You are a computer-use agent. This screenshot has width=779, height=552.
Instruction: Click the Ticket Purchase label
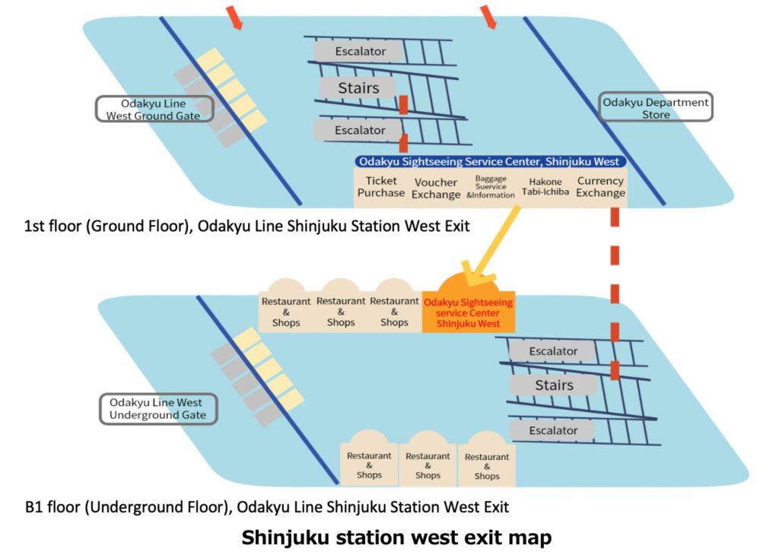381,187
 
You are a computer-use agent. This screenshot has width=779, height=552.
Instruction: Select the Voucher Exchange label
436,188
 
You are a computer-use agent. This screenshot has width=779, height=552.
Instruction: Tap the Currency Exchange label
600,187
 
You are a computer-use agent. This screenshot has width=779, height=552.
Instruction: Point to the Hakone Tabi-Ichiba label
542,187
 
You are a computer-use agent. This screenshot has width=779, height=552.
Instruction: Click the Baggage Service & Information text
491,187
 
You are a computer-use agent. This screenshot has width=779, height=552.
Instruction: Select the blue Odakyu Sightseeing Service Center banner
491,161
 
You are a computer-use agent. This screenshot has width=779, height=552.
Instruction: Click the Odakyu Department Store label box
656,108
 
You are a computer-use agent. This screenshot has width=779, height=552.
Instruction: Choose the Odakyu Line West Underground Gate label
157,408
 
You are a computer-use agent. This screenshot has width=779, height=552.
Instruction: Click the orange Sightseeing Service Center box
468,312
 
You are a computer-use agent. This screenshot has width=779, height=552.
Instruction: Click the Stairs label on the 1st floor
358,88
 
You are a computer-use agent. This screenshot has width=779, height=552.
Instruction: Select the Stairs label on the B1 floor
554,385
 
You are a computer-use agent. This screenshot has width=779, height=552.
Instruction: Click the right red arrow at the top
487,16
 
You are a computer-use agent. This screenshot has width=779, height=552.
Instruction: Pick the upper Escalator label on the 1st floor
360,52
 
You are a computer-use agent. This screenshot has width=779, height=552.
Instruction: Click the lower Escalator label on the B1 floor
553,430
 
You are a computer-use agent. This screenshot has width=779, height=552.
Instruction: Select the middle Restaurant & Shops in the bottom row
428,465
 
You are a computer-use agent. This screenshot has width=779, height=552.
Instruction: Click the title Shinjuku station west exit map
396,537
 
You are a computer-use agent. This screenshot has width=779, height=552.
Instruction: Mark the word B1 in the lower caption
35,506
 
